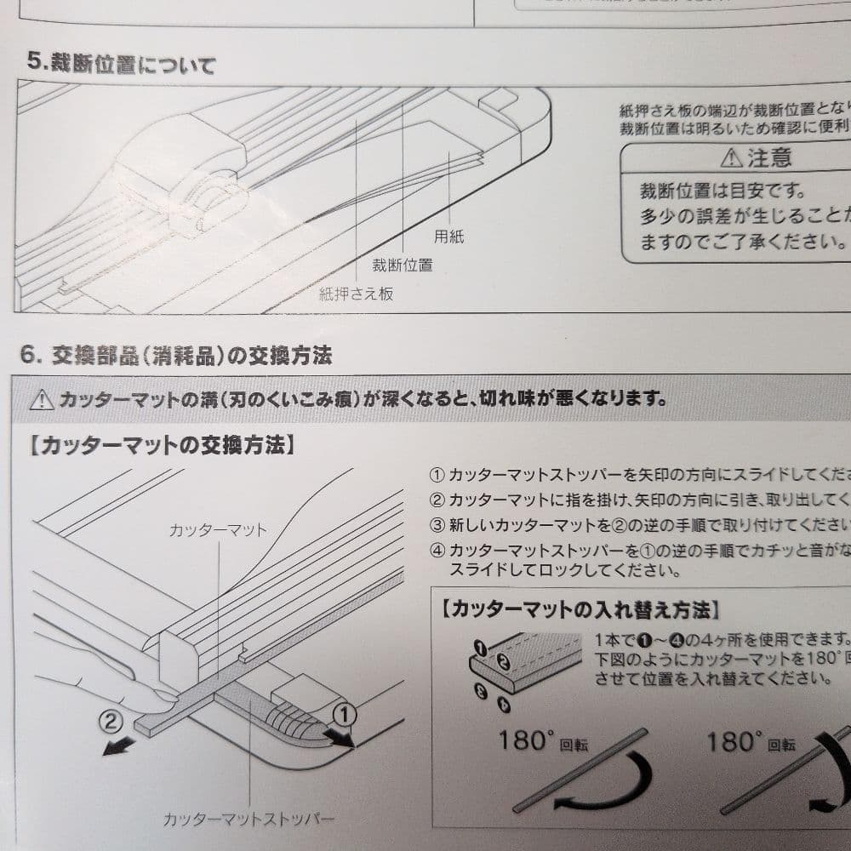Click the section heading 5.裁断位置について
pos(121,64)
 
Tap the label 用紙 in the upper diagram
pos(448,238)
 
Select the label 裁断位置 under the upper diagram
pos(402,265)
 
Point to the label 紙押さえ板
pos(356,294)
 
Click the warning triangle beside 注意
pos(731,158)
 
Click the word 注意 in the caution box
pos(770,158)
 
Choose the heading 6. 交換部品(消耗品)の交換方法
pos(176,356)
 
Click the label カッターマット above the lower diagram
pos(218,529)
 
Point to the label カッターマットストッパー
pos(248,820)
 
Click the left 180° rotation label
pos(541,742)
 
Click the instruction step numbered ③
pos(638,523)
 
